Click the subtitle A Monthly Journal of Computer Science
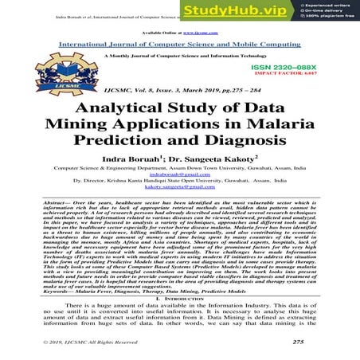[180, 57]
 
